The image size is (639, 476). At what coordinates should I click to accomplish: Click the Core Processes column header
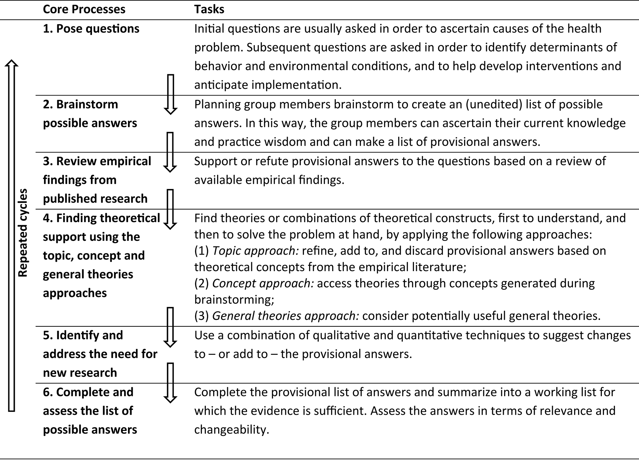(x=84, y=9)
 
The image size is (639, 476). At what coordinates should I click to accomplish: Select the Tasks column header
(x=209, y=9)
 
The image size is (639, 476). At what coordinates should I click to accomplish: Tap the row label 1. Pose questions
(x=91, y=28)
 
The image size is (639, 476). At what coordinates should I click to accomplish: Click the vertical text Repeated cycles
(x=23, y=233)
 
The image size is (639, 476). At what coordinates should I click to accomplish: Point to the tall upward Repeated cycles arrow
(x=12, y=234)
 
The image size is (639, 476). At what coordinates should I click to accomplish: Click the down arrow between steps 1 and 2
(x=170, y=94)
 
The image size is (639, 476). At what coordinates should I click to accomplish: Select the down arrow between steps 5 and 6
(x=170, y=382)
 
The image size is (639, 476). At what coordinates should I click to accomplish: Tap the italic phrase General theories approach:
(x=285, y=316)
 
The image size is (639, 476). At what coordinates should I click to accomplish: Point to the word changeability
(x=232, y=429)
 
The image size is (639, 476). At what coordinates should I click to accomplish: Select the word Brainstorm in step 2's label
(x=87, y=104)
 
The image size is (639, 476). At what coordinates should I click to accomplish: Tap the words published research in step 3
(x=95, y=198)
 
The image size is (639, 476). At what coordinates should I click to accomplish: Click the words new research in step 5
(x=80, y=373)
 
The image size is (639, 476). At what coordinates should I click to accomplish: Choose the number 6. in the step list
(x=48, y=392)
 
